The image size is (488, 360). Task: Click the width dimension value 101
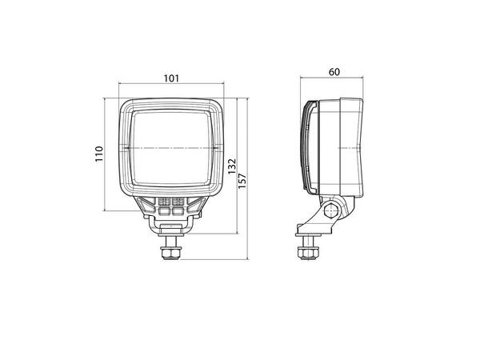tap(170, 78)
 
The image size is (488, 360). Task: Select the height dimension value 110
tap(99, 153)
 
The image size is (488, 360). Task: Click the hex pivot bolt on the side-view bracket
tap(329, 211)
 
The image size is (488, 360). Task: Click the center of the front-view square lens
tap(170, 148)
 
